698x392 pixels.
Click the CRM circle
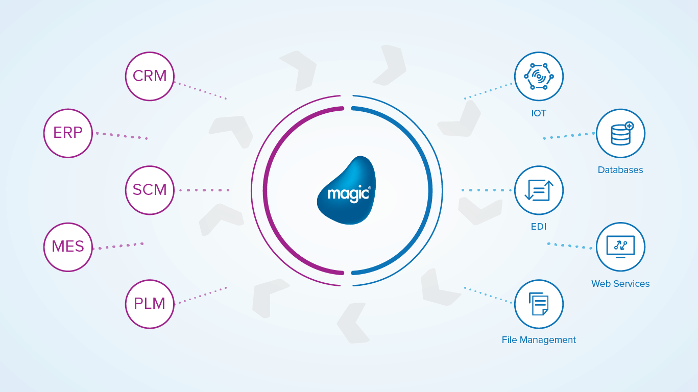[x=150, y=76]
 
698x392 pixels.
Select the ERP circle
[x=68, y=133]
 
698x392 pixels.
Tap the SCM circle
[x=150, y=190]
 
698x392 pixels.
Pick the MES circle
[x=68, y=247]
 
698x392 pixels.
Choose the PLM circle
[x=150, y=304]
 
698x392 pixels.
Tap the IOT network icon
[x=539, y=76]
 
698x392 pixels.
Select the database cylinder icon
[x=620, y=134]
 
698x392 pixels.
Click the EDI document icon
[x=539, y=190]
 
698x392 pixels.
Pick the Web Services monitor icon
[x=620, y=247]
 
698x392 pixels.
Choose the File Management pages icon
[x=539, y=304]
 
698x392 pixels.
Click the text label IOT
[x=539, y=113]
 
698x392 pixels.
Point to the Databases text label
[x=620, y=170]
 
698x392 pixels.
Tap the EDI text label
[x=539, y=227]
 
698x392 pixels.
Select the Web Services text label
[x=620, y=284]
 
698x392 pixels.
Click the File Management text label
[x=539, y=340]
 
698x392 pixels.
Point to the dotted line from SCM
[x=204, y=190]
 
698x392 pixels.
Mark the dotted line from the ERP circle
[x=122, y=136]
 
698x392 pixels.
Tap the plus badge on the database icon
[x=629, y=125]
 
